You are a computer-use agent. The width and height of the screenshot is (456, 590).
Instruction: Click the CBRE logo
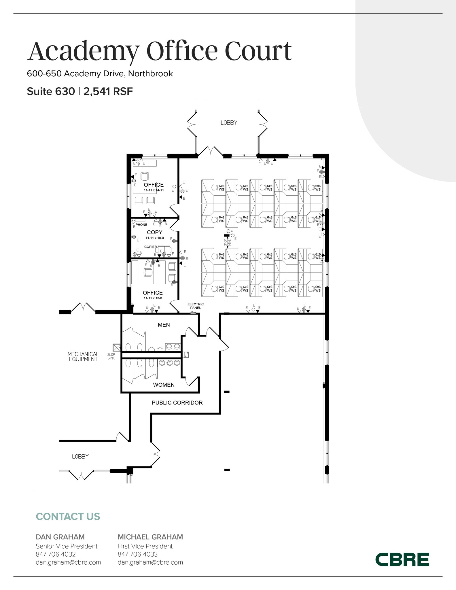click(402, 559)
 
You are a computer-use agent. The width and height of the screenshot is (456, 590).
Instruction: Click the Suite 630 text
click(51, 92)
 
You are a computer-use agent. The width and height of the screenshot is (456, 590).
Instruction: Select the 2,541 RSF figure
click(108, 92)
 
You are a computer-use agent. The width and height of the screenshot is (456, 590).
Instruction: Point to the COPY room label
click(154, 232)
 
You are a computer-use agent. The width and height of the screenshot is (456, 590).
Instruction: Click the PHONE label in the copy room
click(141, 225)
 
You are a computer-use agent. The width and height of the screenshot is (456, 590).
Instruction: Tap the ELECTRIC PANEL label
click(195, 306)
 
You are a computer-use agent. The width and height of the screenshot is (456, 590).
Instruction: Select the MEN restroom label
click(164, 325)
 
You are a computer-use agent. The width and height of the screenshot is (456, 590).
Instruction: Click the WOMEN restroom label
click(164, 385)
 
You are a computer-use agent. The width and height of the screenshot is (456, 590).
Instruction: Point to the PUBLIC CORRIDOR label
click(177, 403)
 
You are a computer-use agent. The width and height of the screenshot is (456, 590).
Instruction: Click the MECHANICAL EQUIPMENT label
click(83, 357)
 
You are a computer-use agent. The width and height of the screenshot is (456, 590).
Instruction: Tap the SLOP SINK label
click(111, 356)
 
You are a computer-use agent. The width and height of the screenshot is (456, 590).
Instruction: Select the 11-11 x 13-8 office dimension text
click(153, 298)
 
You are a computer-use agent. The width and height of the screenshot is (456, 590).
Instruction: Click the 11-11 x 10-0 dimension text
click(154, 238)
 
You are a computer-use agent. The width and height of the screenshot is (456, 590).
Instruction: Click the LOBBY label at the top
click(229, 123)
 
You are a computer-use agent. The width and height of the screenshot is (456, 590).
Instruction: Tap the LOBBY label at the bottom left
click(80, 457)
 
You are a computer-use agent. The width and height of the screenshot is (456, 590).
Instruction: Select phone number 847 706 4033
click(137, 554)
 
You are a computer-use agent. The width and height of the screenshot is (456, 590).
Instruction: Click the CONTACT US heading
click(68, 517)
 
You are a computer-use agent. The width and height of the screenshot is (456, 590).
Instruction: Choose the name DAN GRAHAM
click(60, 537)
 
